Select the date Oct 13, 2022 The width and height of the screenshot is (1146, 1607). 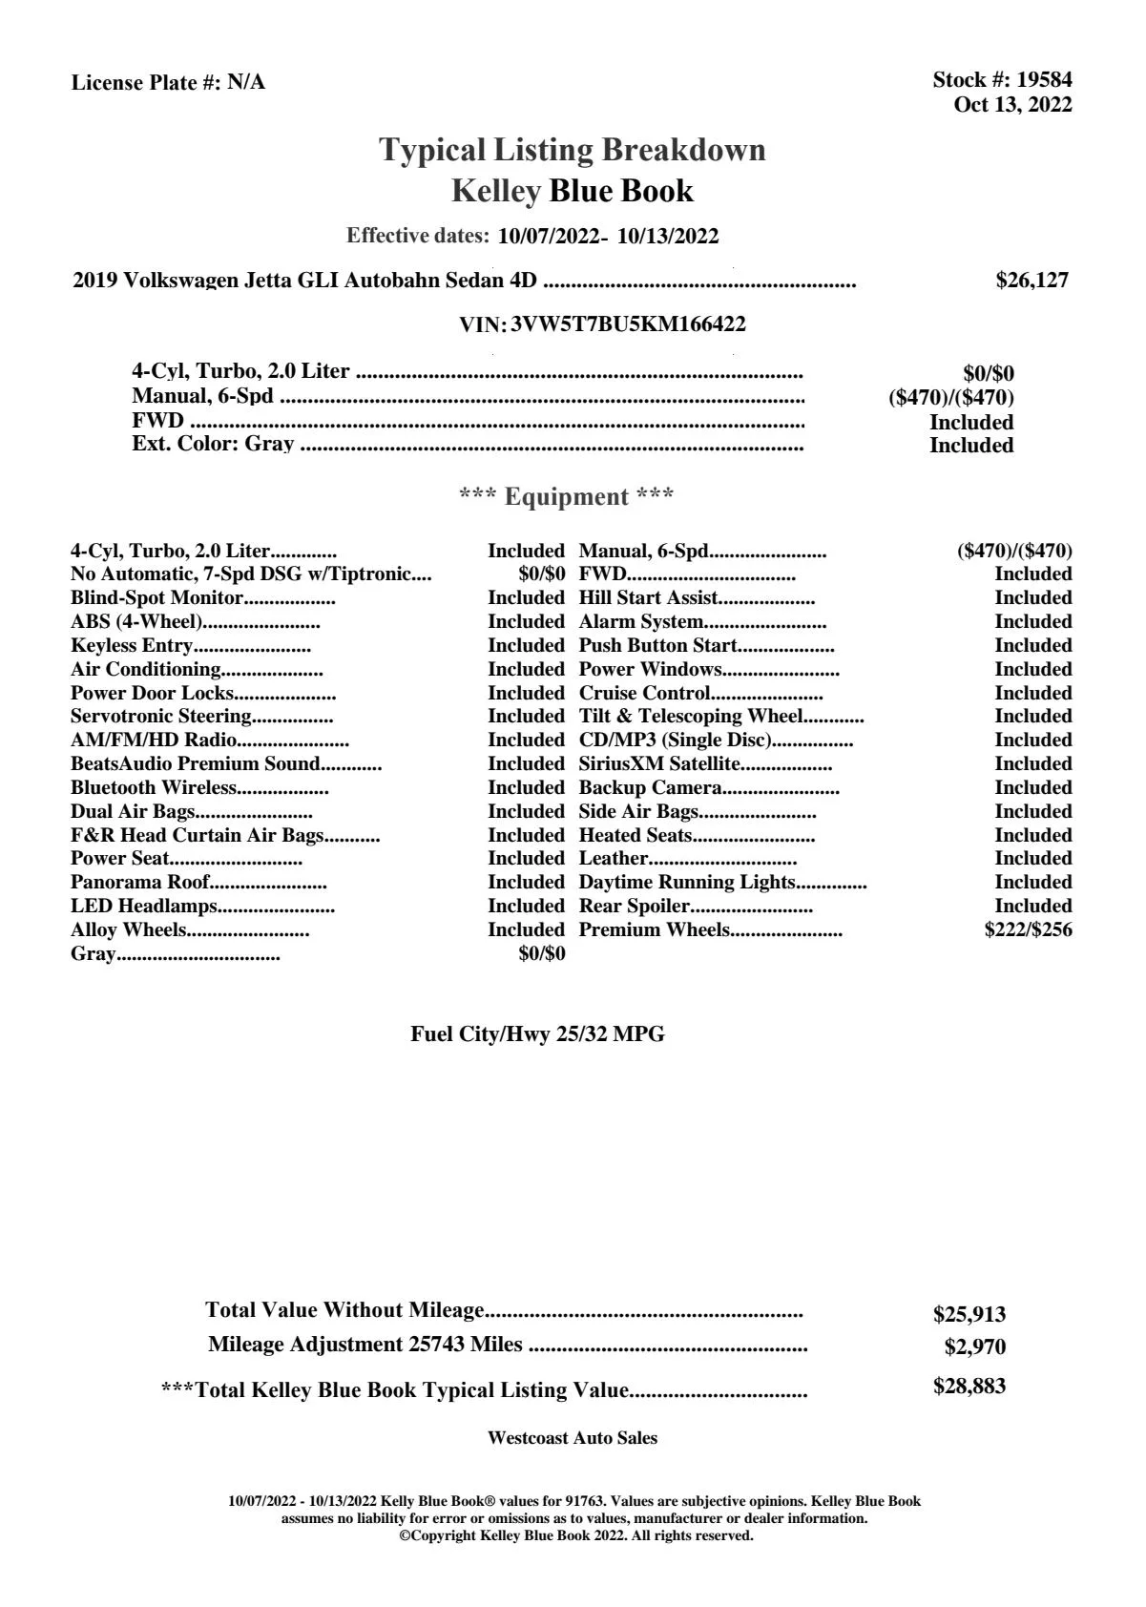point(1012,105)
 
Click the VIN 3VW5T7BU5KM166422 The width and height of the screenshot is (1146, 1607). point(628,324)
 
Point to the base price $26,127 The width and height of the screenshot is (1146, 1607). point(1031,281)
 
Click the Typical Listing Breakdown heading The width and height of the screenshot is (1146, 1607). point(573,150)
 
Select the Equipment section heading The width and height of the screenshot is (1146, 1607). point(566,497)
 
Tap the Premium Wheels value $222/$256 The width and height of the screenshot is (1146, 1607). point(1028,930)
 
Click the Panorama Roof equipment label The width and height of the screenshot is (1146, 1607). point(140,883)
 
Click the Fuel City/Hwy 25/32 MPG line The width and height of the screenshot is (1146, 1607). point(537,1034)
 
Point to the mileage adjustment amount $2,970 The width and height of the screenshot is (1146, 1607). point(974,1347)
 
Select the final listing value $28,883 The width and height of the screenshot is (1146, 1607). point(969,1387)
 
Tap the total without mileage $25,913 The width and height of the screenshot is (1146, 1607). point(969,1315)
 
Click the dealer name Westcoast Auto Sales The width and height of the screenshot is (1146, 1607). point(572,1438)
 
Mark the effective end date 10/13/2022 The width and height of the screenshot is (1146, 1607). point(668,237)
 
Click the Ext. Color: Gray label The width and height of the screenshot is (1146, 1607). point(213,444)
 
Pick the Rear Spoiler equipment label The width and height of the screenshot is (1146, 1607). point(635,907)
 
